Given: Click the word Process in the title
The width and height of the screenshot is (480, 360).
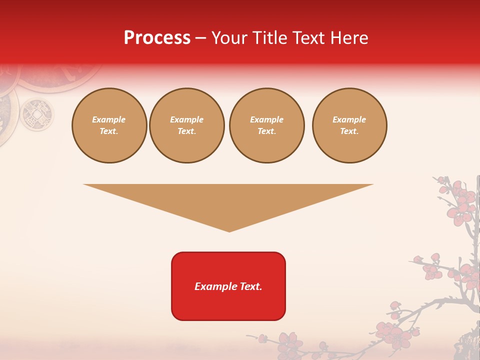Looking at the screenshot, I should (157, 38).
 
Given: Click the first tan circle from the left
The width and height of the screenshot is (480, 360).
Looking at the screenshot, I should (109, 125).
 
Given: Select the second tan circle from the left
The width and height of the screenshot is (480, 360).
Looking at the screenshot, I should (186, 125).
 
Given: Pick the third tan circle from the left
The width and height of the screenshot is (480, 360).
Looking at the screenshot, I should (266, 125).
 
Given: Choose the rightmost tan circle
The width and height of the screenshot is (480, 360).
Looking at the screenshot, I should (349, 125).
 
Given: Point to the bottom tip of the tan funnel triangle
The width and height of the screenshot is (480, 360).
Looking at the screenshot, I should (229, 231).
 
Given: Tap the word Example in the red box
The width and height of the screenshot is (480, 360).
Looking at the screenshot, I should (215, 286).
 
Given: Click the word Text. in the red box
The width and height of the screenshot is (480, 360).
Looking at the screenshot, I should (250, 286).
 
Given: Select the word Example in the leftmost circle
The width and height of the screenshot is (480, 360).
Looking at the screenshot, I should (109, 119).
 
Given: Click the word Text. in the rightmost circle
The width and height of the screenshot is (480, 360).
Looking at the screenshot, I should (349, 131).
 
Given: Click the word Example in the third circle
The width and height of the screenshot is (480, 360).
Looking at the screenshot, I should (266, 119).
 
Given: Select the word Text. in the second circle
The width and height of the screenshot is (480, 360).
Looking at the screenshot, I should (186, 131).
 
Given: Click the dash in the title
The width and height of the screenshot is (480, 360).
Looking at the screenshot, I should (201, 38).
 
